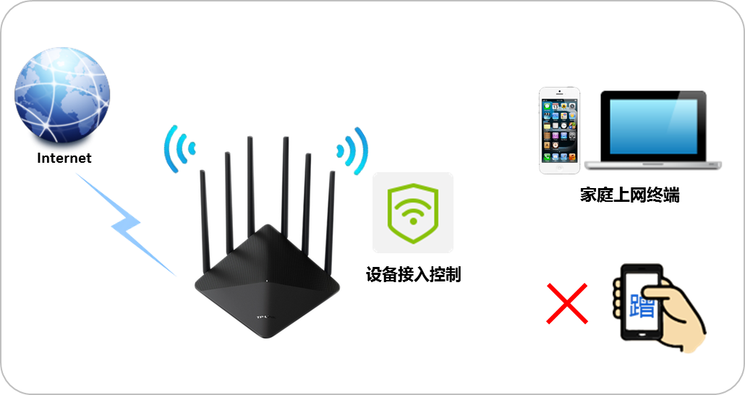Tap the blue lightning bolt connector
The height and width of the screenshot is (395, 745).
[x=127, y=224]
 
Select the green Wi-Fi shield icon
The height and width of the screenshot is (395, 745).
[x=412, y=212]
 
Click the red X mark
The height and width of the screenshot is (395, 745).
[x=566, y=305]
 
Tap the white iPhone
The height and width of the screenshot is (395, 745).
[x=559, y=130]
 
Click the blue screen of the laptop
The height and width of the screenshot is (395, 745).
[x=653, y=126]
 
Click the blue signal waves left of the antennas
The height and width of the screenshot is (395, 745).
[x=178, y=148]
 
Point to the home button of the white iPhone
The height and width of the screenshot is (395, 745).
[x=559, y=166]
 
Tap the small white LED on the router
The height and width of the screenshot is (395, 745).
[x=267, y=281]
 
